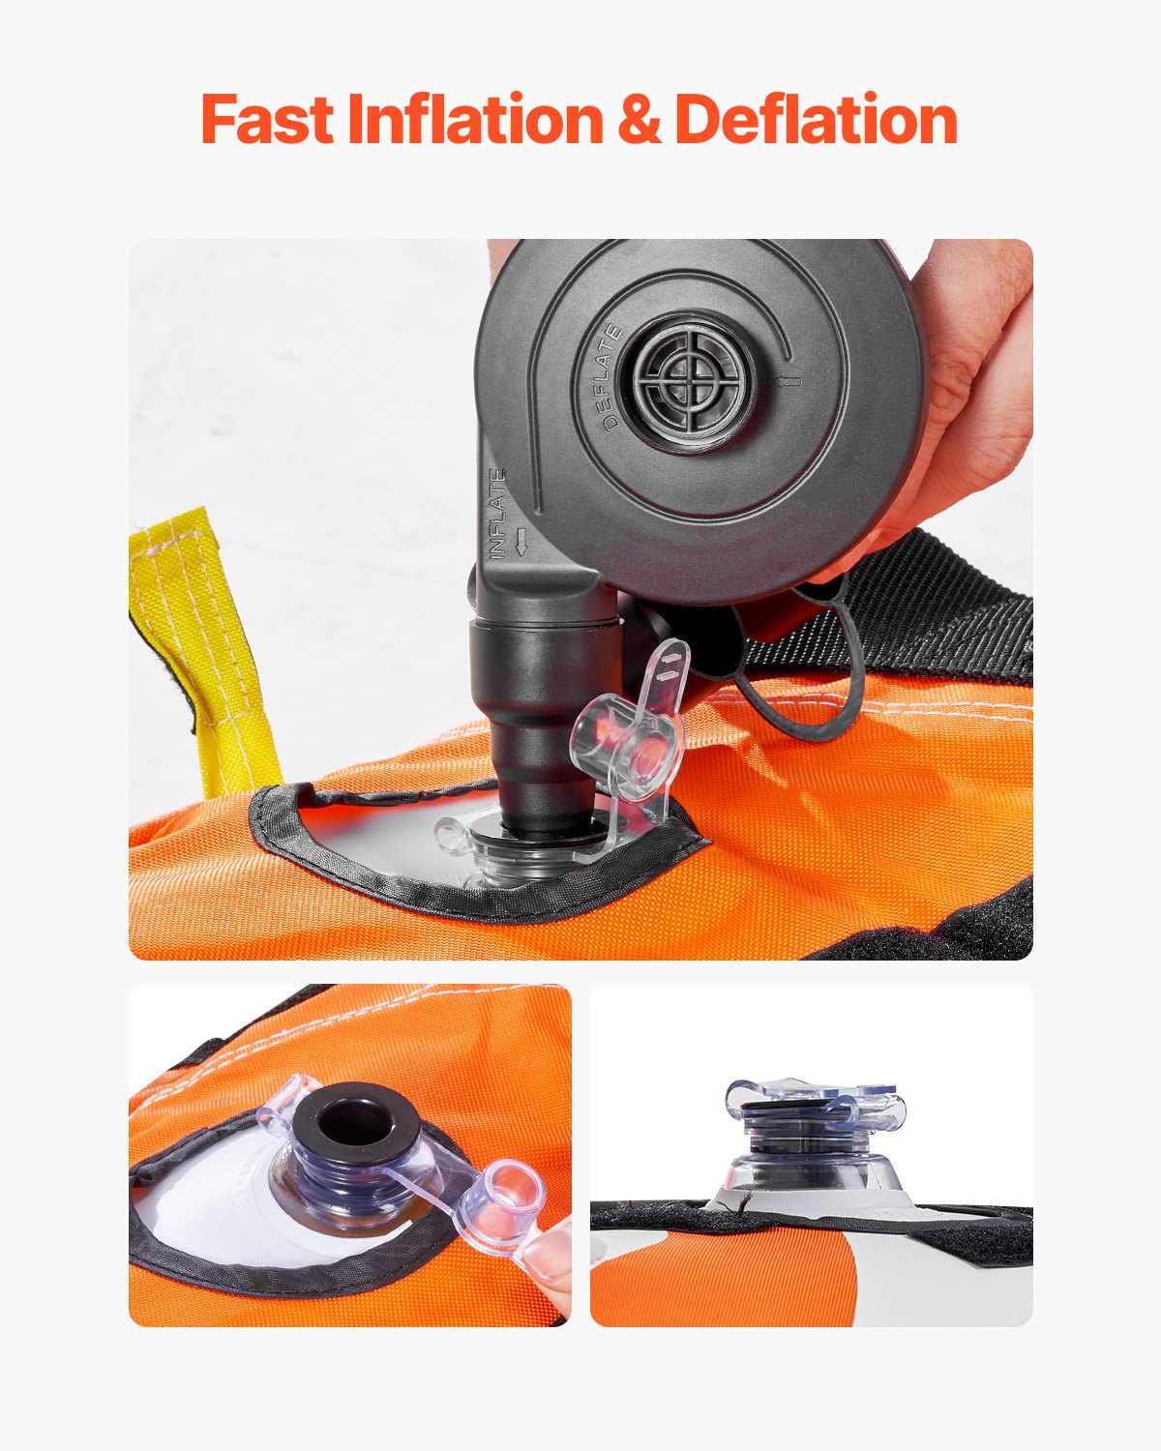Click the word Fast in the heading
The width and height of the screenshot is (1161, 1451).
click(x=267, y=120)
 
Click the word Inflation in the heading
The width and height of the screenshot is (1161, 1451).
click(x=473, y=120)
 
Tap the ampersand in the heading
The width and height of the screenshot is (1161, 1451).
click(x=638, y=121)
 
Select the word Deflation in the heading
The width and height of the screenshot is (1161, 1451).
click(x=816, y=120)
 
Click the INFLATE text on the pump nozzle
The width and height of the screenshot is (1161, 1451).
click(x=497, y=513)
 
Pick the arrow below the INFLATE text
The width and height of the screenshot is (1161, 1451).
click(x=522, y=542)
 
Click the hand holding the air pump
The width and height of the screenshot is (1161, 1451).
click(x=967, y=387)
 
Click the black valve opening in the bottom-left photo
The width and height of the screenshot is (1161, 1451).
click(x=355, y=1122)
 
